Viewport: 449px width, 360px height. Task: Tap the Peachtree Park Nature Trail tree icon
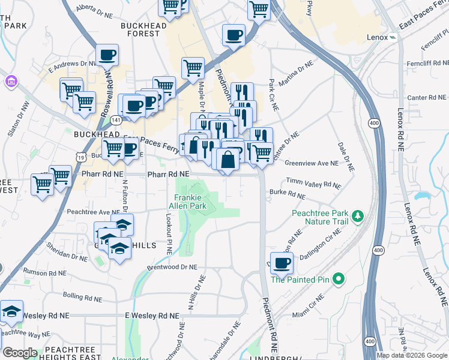click(x=358, y=215)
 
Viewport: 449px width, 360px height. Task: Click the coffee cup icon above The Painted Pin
click(x=282, y=263)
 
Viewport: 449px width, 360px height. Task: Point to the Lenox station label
click(x=377, y=38)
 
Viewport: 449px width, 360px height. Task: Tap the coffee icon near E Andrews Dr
click(x=107, y=55)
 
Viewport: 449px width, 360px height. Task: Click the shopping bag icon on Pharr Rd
click(x=228, y=160)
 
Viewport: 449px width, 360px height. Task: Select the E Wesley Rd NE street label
click(x=151, y=316)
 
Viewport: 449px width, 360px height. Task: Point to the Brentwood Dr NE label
click(x=172, y=267)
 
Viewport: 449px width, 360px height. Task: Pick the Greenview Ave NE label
click(x=311, y=163)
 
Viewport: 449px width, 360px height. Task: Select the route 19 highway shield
click(x=80, y=156)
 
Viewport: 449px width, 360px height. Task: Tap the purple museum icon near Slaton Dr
click(x=10, y=80)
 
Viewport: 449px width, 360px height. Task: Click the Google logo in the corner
click(x=19, y=353)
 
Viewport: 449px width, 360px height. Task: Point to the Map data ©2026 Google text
click(x=411, y=355)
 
